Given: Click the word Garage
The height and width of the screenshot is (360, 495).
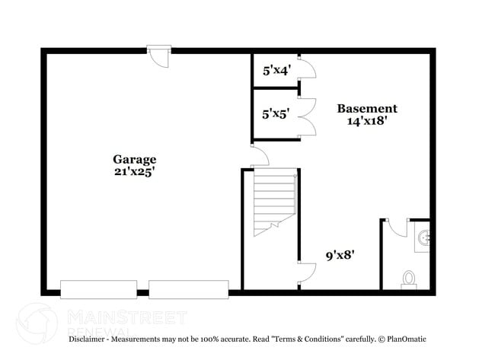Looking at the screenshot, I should (x=135, y=159).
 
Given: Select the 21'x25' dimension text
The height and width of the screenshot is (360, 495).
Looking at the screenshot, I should (x=135, y=172).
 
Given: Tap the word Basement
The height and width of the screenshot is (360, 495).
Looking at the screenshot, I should (x=367, y=108).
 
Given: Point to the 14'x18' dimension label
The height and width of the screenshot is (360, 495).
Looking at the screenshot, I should (x=367, y=121).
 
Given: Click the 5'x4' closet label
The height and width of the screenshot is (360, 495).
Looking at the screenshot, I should (x=276, y=70).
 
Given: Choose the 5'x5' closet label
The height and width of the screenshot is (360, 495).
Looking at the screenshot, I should (x=276, y=114).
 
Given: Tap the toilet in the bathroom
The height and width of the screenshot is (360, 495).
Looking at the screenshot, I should (x=409, y=279).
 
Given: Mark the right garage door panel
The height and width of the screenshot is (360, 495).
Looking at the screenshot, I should (x=188, y=289).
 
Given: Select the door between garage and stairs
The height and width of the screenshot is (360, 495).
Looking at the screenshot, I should (x=260, y=157).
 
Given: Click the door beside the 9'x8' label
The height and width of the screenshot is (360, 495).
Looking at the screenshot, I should (x=307, y=272).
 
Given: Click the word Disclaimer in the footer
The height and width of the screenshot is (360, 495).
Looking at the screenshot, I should (x=90, y=338).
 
